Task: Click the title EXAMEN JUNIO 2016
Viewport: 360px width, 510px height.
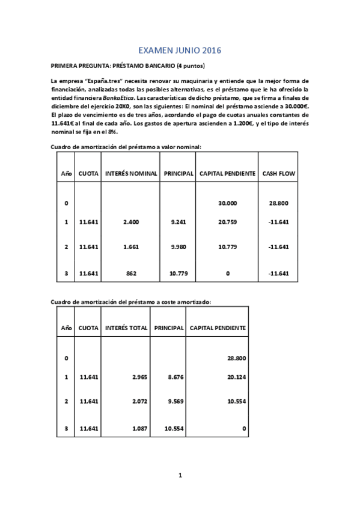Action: point(180,52)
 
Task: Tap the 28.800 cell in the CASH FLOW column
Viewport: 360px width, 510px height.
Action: point(279,203)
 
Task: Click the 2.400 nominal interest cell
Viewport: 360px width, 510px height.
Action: point(131,222)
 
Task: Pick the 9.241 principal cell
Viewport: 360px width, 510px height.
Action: point(178,222)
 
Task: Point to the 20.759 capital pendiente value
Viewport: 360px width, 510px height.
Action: point(227,222)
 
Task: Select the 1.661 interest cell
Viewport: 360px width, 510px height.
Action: point(131,247)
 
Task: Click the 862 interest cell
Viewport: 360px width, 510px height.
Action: point(131,274)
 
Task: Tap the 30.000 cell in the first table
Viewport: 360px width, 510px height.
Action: point(227,203)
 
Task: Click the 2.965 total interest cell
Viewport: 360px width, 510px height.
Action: point(139,377)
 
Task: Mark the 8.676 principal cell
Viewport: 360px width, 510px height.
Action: point(174,377)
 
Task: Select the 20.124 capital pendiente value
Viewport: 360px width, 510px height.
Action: point(237,377)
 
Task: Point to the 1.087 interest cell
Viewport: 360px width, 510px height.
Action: point(139,428)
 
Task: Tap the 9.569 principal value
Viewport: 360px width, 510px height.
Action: point(174,401)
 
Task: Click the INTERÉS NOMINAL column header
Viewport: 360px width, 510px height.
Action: point(131,174)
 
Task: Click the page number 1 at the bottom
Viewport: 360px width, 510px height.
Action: point(180,475)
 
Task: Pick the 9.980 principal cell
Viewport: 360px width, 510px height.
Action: point(178,247)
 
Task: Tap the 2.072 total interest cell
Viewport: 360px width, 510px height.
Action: point(139,401)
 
